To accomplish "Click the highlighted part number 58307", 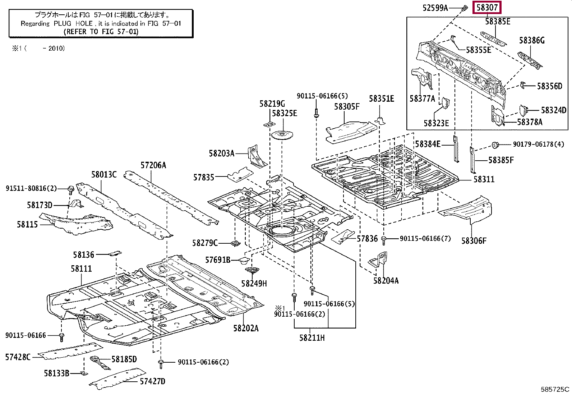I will point(487,7).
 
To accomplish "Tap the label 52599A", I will point(435,8).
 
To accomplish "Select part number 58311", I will point(484,179).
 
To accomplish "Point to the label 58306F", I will point(474,241).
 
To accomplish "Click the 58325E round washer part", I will point(282,135).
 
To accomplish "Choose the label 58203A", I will point(221,153).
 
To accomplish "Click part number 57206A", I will point(153,165).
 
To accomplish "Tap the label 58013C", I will point(103,175).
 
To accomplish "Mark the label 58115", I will point(27,225).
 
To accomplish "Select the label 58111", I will point(81,268).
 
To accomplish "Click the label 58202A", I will point(246,328).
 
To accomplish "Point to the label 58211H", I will point(312,338).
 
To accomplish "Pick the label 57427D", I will point(152,381).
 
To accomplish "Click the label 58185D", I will point(124,359).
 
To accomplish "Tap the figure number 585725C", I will point(555,389).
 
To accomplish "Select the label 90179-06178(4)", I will point(538,144).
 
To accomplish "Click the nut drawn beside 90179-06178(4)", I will point(495,145).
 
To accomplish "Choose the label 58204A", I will point(386,281).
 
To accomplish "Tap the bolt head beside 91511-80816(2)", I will point(70,188).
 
